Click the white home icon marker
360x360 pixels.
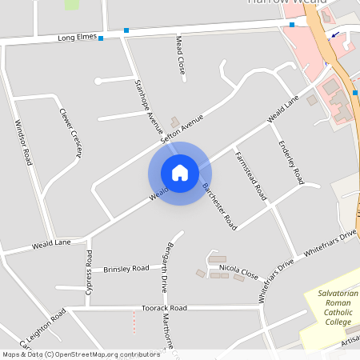click(x=180, y=173)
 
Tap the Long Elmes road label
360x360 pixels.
click(x=77, y=37)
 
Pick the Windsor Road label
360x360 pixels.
click(x=22, y=142)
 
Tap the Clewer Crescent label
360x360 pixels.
click(x=70, y=133)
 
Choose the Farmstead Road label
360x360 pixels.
click(x=250, y=174)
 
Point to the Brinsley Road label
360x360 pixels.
click(x=126, y=269)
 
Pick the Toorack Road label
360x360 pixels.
click(x=163, y=307)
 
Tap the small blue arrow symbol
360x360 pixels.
click(x=333, y=34)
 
